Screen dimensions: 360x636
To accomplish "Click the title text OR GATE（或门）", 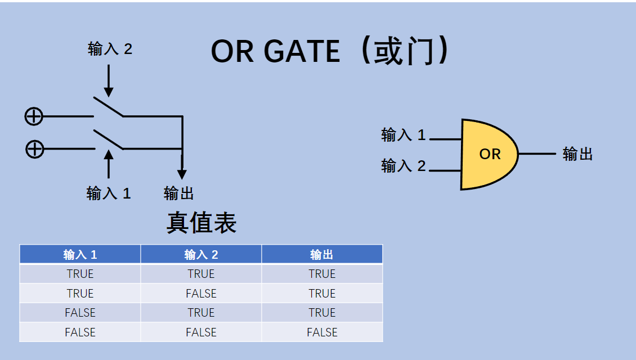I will pos(331,51).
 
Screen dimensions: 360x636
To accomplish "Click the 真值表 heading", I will pos(201,223).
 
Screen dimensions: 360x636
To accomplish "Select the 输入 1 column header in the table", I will pos(80,254).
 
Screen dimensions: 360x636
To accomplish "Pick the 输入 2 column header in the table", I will pos(201,254).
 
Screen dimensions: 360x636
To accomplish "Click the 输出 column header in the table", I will pos(322,254).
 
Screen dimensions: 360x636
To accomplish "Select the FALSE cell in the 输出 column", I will pos(322,332).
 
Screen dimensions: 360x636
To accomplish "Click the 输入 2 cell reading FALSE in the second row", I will pos(201,293).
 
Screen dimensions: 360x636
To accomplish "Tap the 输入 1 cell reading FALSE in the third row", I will pos(80,312).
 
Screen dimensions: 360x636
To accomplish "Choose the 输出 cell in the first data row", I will pos(322,274).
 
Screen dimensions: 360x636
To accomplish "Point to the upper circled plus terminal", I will pos(34,116).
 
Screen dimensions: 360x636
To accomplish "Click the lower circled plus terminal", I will pos(34,149).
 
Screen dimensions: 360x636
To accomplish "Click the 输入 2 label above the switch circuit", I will pos(110,49).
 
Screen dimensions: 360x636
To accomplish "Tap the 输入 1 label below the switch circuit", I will pos(109,193).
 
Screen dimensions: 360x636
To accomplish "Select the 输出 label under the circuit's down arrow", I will pos(179,193).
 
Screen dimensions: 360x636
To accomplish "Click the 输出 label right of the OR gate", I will pos(578,154).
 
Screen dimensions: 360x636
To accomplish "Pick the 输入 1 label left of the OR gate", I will pos(404,135).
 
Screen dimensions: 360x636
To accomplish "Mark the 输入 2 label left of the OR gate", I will pos(404,166).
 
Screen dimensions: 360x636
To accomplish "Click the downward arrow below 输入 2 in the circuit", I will pos(109,81).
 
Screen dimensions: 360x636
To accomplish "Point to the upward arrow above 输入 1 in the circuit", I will pos(109,164).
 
